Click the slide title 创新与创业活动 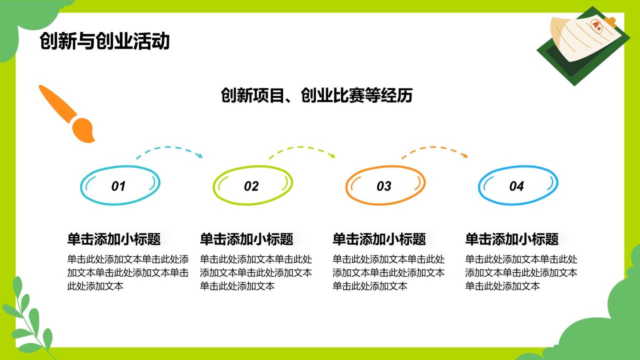pos(104,41)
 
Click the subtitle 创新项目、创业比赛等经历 pos(316,94)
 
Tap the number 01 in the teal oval pos(118,186)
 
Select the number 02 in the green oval pos(251,186)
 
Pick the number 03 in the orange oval pos(383,186)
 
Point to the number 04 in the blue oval pos(516,186)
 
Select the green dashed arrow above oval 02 pos(302,149)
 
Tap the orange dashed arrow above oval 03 pos(434,149)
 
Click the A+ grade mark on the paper pos(597,26)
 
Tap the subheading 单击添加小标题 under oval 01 pos(114,239)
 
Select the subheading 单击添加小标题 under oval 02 pos(246,239)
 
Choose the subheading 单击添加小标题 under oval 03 pos(379,239)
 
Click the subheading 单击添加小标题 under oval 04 pos(511,239)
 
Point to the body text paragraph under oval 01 pos(128,272)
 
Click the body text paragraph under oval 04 pos(521,272)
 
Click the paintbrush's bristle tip pos(85,131)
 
